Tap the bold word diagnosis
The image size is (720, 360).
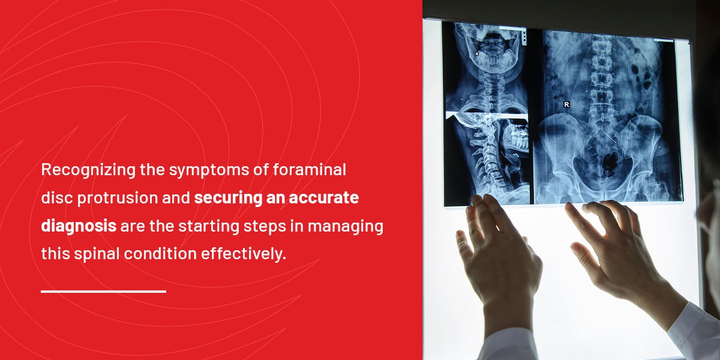coord(79,226)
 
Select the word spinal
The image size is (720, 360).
coord(95,253)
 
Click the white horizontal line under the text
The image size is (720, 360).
coord(103,292)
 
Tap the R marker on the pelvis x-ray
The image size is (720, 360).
coord(566,104)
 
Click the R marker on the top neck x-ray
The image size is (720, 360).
coord(477,54)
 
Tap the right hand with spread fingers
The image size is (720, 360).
coord(606,252)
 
